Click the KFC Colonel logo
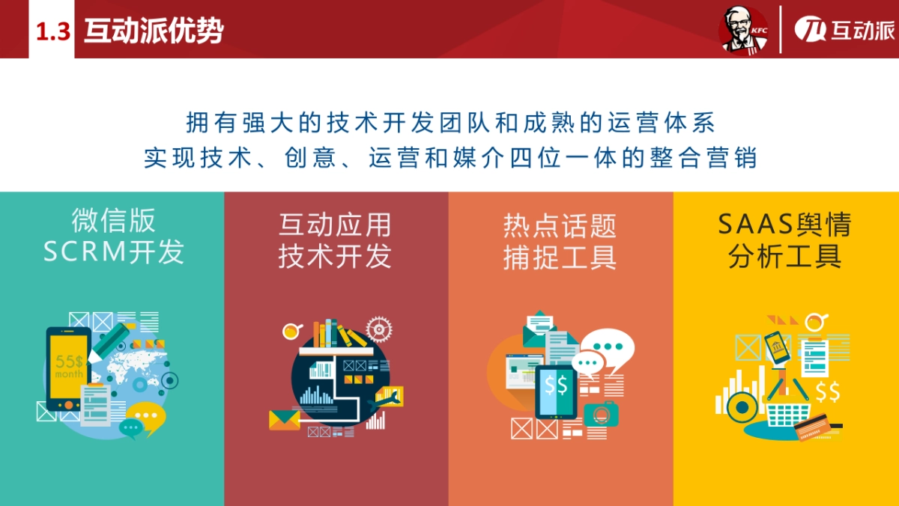click(743, 31)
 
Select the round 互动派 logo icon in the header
click(810, 31)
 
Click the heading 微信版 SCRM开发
click(113, 237)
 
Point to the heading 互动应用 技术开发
click(335, 240)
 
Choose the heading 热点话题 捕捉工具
click(560, 240)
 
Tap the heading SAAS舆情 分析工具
click(784, 240)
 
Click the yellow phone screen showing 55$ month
click(69, 366)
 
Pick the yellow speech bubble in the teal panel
click(148, 415)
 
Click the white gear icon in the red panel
click(379, 328)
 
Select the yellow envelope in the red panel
click(284, 419)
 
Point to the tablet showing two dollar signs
click(556, 389)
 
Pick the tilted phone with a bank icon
click(779, 347)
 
